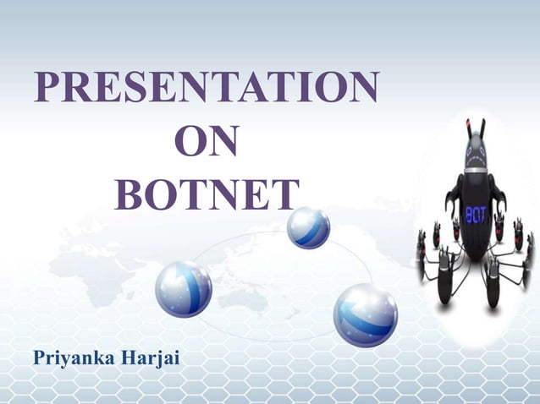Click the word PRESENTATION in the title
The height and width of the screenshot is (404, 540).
(207, 88)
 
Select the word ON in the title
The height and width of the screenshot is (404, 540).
(206, 142)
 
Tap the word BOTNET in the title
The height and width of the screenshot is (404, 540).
(207, 194)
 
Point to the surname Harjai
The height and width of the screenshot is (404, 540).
(152, 357)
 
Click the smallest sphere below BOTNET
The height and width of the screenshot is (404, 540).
(308, 227)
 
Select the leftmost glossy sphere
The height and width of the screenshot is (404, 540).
(184, 289)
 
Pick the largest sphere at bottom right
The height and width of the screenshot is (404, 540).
(365, 314)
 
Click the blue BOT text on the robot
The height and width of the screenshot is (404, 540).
(475, 214)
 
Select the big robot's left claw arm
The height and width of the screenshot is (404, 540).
(452, 196)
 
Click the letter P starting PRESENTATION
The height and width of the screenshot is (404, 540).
(46, 88)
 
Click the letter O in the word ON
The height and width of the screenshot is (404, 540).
(190, 142)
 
